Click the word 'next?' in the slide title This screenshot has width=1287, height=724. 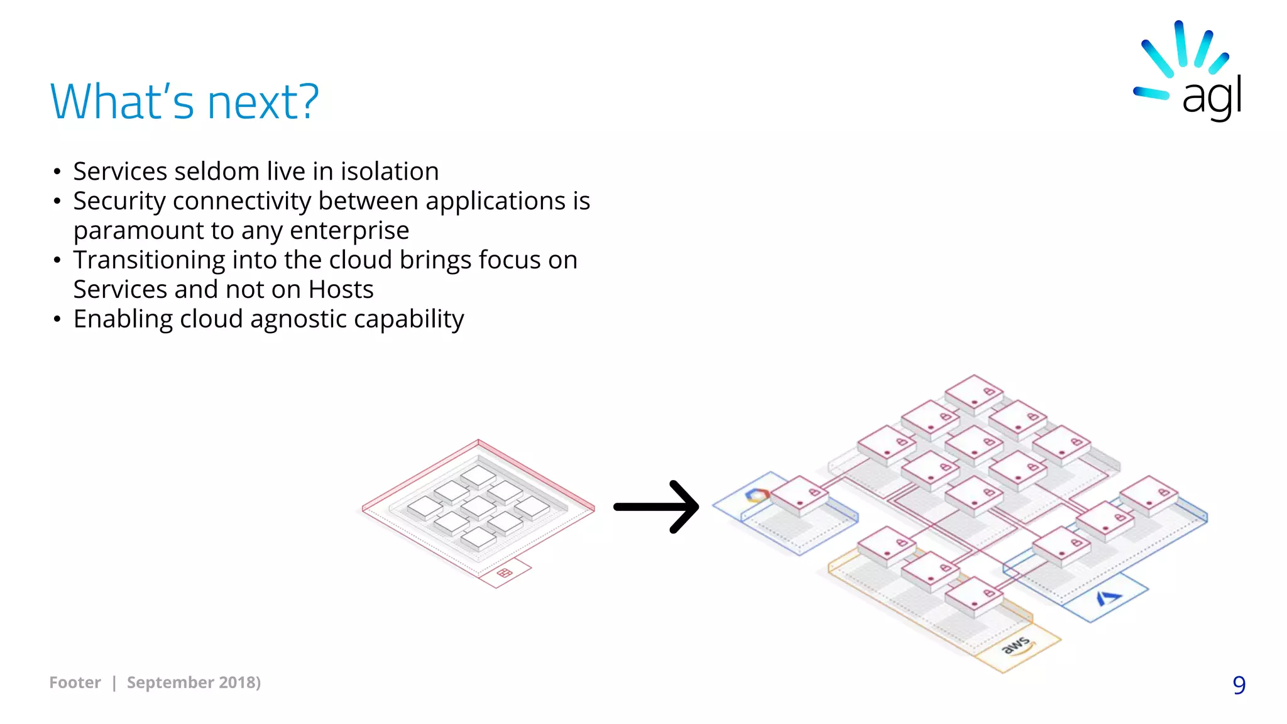pos(263,102)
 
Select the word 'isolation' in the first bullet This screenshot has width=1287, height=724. pos(390,171)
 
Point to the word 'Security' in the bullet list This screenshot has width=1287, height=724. pos(119,201)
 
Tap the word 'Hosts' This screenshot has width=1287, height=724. pos(341,289)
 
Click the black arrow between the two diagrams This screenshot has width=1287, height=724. pos(656,507)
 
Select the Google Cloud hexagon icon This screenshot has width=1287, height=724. pos(757,495)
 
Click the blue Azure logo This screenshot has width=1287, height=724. pos(1109,597)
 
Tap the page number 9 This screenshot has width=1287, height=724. pos(1239,684)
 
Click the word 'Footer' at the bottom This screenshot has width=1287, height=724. pos(75,683)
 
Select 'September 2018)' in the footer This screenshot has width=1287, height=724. pos(194,683)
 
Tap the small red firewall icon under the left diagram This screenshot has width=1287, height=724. pos(505,573)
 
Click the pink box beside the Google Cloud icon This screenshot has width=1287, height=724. pos(800,496)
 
